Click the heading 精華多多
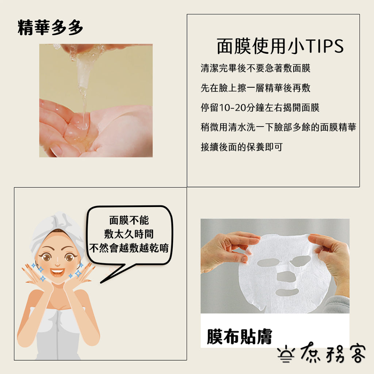[50, 28]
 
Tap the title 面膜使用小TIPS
[280, 46]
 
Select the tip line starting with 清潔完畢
[255, 68]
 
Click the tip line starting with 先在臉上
[255, 88]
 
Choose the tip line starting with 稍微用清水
[278, 127]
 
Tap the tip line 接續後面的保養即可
[242, 147]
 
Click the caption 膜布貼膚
[239, 336]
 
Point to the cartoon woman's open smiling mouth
[57, 271]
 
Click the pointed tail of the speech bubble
[101, 282]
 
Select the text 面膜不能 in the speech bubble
[129, 220]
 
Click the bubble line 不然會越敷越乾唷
[129, 248]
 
